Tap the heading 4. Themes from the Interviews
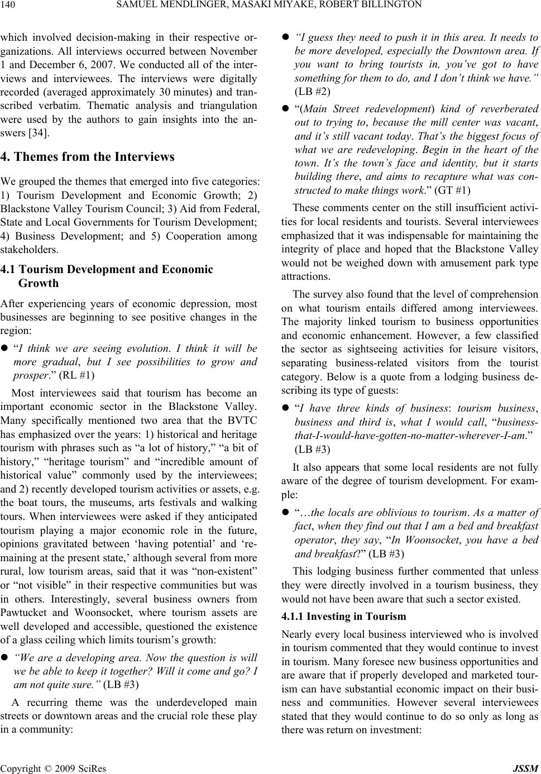(88, 157)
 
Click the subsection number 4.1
(10, 270)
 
